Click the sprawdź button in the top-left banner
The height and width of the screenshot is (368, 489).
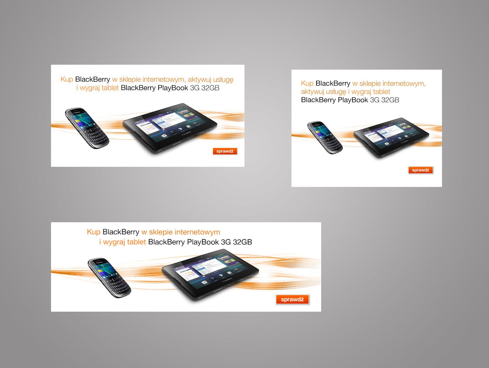point(225,151)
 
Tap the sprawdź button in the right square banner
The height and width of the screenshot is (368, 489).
point(421,170)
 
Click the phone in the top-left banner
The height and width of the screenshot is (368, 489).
point(87,128)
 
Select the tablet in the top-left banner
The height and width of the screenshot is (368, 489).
point(170,128)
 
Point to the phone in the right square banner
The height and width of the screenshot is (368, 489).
point(325,138)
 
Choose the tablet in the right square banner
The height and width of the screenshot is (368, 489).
point(391,137)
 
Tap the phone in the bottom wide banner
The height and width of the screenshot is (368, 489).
point(109,278)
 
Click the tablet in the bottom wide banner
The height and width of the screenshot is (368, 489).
point(210,276)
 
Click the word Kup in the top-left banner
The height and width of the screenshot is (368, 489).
point(67,80)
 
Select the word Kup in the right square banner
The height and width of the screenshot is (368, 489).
point(307,84)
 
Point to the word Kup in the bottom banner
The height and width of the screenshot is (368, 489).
point(94,232)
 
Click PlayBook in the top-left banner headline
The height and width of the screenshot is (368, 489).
point(173,88)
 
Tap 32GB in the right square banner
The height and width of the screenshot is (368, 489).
point(390,100)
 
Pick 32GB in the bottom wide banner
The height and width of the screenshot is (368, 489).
point(242,242)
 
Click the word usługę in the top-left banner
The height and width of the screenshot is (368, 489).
point(223,80)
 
